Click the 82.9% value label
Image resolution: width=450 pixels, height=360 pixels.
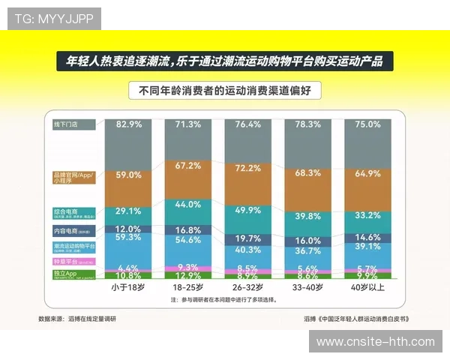(x=129, y=124)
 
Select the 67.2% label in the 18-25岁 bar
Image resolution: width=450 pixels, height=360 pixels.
(x=188, y=165)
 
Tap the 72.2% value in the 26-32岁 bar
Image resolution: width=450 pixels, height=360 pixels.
(x=248, y=169)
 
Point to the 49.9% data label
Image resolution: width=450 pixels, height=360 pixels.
(x=248, y=209)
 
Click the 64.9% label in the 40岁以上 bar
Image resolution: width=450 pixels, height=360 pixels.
(x=367, y=173)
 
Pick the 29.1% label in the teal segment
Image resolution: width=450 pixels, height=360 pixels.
(x=129, y=211)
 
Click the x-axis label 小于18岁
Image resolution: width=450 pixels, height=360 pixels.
(x=128, y=288)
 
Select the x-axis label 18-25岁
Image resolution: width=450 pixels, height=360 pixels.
(x=188, y=288)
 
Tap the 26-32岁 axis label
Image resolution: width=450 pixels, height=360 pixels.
(x=248, y=288)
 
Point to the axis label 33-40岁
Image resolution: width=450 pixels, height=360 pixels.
(x=308, y=288)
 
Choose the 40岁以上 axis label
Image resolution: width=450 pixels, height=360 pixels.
(x=367, y=288)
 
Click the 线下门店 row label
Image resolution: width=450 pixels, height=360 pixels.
(x=65, y=124)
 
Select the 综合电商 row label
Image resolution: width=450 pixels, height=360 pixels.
(x=65, y=212)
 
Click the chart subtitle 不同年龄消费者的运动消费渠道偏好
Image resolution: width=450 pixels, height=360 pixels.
(x=225, y=91)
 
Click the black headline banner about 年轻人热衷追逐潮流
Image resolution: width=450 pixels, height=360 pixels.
(x=225, y=61)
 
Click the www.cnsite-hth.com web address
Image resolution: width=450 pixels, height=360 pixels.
(x=376, y=342)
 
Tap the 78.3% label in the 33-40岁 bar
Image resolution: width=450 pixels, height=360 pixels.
(x=308, y=124)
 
